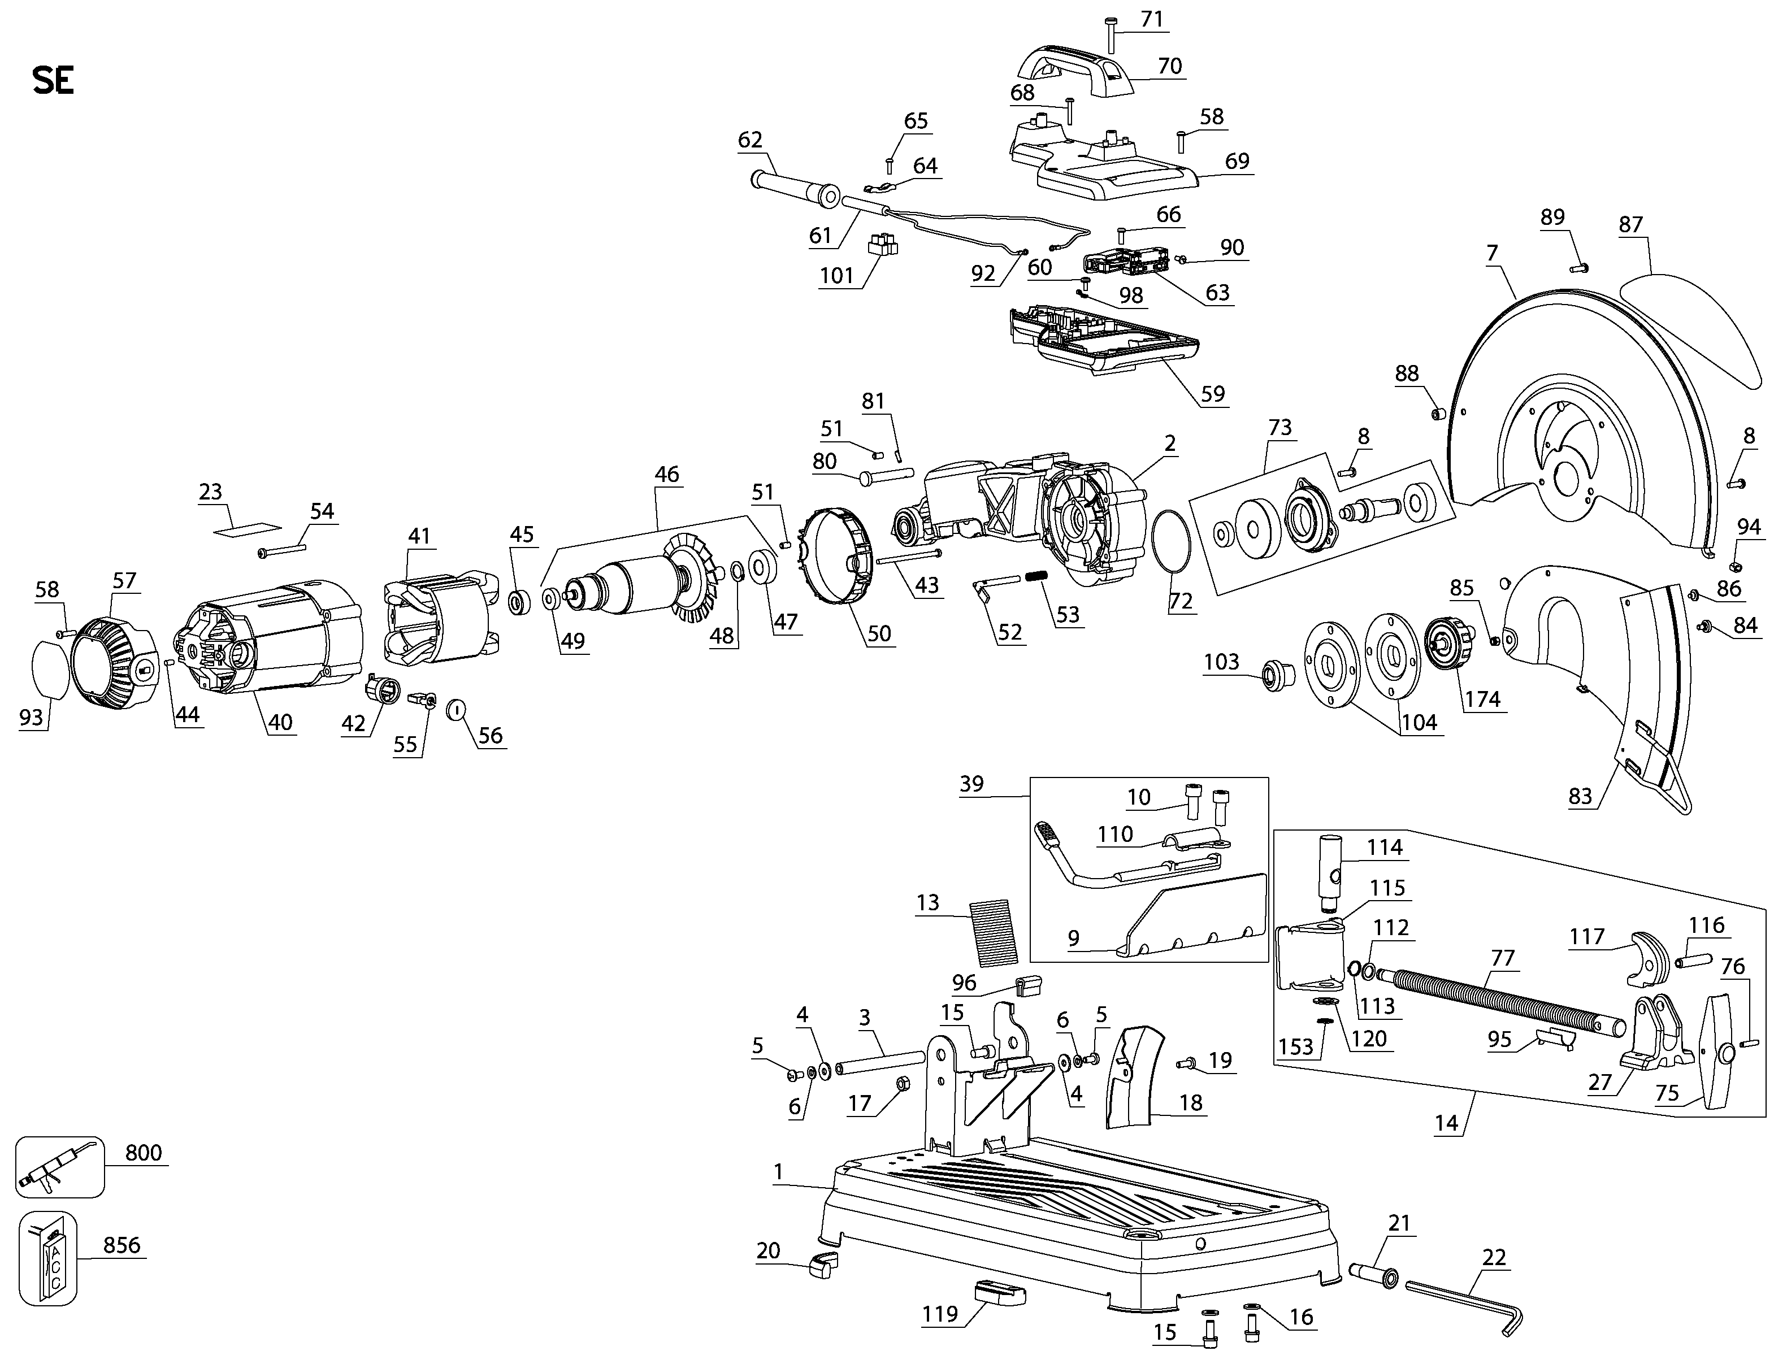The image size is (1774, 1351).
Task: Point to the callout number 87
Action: (1630, 224)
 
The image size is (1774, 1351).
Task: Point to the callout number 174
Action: (1482, 699)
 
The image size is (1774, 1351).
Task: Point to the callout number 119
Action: (940, 1314)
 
